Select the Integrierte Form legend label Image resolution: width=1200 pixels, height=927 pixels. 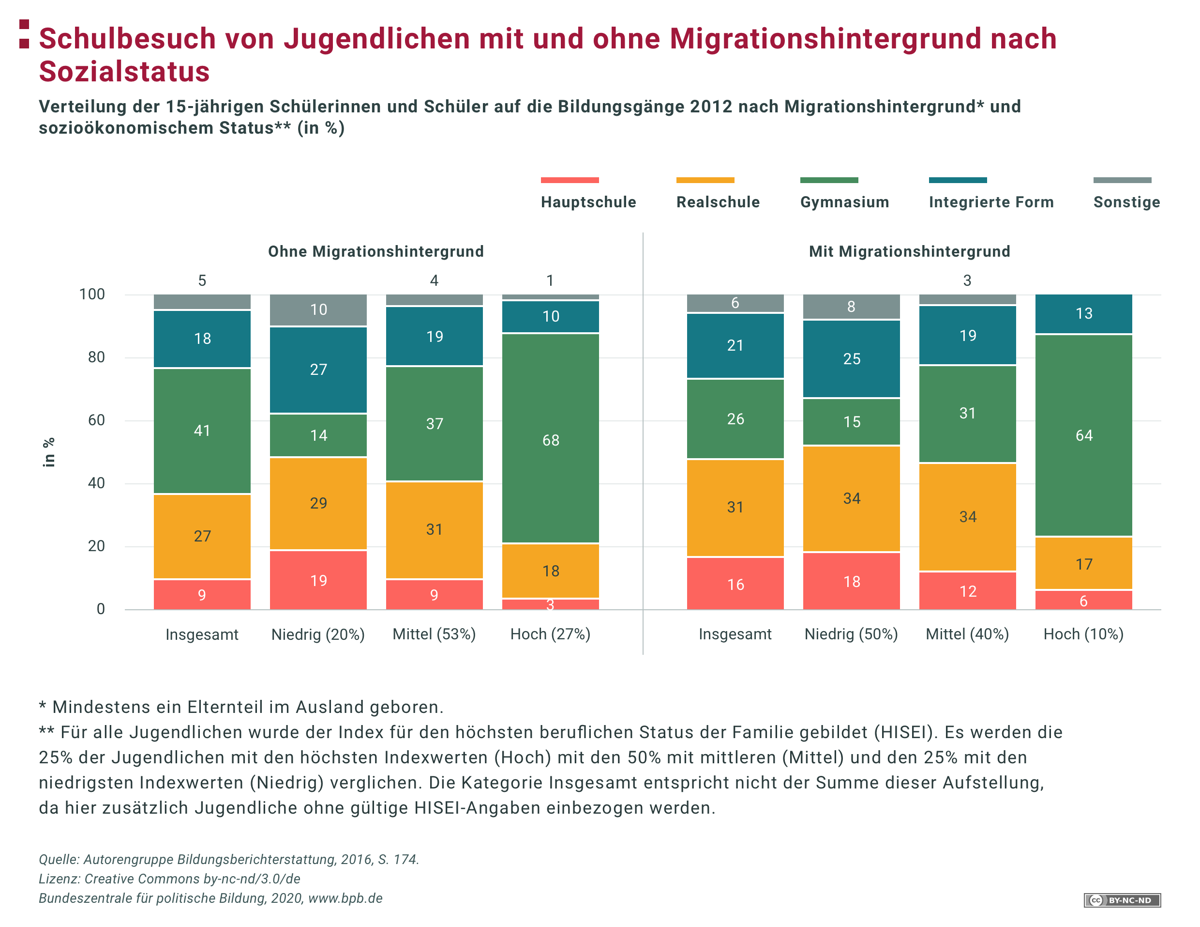coord(990,202)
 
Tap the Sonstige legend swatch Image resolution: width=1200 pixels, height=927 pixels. coord(1122,180)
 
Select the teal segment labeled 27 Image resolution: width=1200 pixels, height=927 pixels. coord(318,370)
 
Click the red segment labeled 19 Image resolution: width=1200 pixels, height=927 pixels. coord(318,580)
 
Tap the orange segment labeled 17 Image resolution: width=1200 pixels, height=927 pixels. coord(1083,564)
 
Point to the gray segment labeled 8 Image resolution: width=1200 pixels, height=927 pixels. coord(851,306)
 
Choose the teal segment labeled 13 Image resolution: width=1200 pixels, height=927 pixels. coord(1083,313)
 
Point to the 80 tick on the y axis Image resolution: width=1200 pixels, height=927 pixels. coord(96,357)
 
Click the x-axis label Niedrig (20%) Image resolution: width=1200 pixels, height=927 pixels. coord(318,634)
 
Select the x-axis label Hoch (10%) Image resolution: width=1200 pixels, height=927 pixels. coord(1083,634)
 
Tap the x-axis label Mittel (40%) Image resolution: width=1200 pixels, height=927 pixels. coord(967,634)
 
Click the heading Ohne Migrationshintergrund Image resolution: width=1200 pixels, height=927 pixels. coord(376,251)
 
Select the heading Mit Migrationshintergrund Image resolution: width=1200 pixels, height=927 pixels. coord(909,251)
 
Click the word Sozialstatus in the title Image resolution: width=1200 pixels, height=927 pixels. coord(124,72)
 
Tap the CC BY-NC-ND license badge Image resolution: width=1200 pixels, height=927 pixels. coord(1122,900)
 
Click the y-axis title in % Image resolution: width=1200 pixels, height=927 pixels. coord(49,452)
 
